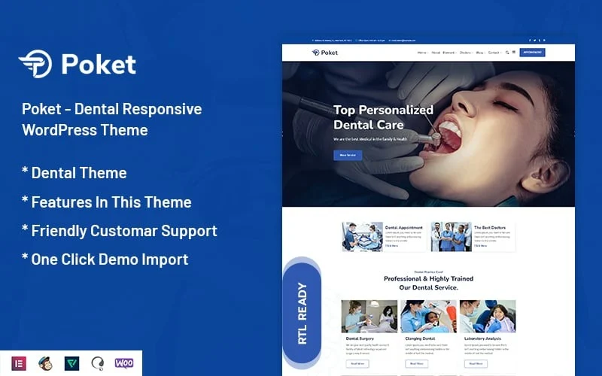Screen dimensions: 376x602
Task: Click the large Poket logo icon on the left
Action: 35,64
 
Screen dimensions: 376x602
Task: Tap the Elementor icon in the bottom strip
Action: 20,363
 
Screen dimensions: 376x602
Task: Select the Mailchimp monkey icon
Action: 46,363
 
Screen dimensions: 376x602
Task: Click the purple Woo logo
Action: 124,363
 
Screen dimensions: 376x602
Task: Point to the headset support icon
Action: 98,363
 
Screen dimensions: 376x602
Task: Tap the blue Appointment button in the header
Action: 532,53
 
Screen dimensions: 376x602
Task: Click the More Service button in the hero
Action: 348,156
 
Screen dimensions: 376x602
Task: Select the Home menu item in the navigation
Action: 422,53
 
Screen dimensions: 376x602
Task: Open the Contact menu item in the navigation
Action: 494,53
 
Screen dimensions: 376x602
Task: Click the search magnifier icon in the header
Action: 507,53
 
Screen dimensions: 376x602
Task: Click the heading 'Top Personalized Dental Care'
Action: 383,117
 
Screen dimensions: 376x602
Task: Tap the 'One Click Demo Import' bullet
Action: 105,259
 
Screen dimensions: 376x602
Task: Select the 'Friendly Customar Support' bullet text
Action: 120,231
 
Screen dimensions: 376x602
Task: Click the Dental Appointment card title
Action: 404,227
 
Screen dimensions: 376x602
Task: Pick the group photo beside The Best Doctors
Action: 451,236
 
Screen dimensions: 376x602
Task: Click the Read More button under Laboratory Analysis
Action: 476,363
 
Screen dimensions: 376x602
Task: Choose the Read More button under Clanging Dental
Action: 416,363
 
